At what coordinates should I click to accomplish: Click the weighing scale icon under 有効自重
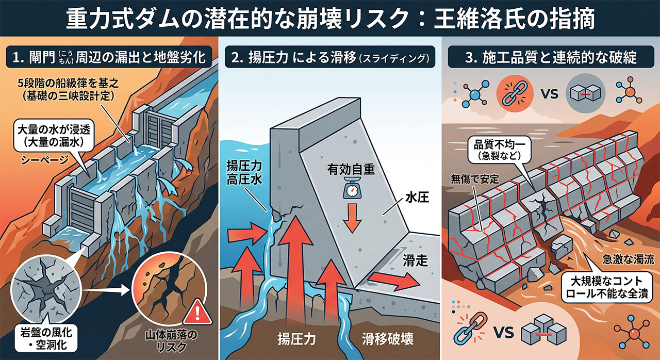pos(351,187)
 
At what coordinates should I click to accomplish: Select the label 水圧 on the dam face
pos(417,198)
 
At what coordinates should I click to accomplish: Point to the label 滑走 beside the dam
pos(415,260)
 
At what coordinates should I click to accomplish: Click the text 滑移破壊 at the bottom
pos(387,339)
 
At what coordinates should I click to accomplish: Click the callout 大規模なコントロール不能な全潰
pos(607,287)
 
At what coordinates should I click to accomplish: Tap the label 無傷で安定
pos(475,179)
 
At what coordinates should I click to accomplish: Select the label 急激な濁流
pos(628,259)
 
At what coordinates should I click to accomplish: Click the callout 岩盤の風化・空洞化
pos(46,338)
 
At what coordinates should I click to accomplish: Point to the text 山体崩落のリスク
pos(171,341)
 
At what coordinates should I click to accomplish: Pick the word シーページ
pos(44,160)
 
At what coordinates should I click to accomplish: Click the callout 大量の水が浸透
pos(54,136)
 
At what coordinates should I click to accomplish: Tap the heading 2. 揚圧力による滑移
pos(329,57)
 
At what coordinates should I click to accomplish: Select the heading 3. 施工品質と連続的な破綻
pos(551,57)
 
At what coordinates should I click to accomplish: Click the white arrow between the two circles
pos(106,290)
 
